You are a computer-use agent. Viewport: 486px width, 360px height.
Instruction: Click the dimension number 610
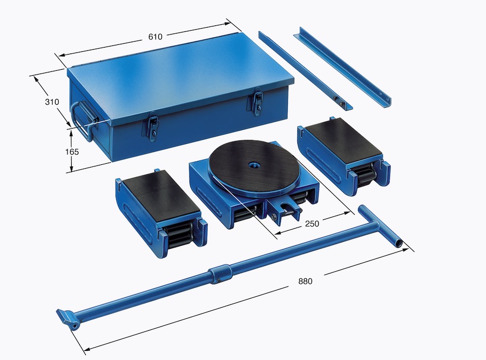click(156, 37)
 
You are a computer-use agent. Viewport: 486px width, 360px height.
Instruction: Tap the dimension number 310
click(52, 102)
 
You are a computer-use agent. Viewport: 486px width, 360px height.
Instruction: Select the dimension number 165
click(72, 152)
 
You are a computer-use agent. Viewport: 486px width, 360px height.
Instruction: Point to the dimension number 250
click(312, 223)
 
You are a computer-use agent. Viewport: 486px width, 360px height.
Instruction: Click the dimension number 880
click(305, 281)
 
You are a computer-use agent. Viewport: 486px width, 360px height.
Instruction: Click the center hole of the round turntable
click(254, 164)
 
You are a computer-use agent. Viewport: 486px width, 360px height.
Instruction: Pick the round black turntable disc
click(254, 168)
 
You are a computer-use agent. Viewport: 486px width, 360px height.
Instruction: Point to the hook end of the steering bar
click(67, 317)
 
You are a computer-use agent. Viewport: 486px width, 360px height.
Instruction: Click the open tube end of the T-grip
click(399, 244)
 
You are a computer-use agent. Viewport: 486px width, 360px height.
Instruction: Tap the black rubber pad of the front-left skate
click(161, 198)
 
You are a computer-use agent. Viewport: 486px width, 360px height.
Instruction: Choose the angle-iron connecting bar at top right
click(342, 67)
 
